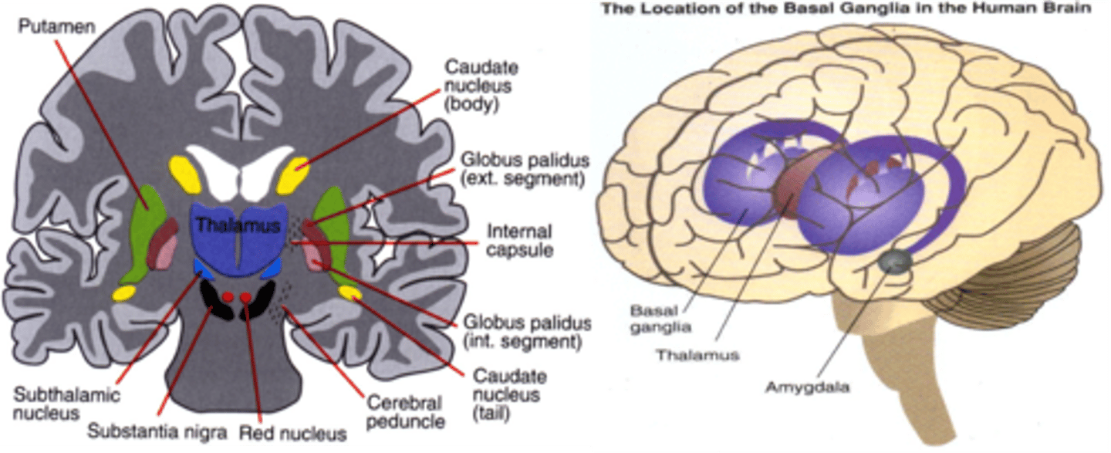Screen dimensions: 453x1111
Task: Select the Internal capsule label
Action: (x=518, y=241)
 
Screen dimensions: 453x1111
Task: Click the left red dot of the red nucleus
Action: (x=228, y=297)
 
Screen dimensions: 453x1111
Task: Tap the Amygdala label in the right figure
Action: (x=806, y=387)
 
